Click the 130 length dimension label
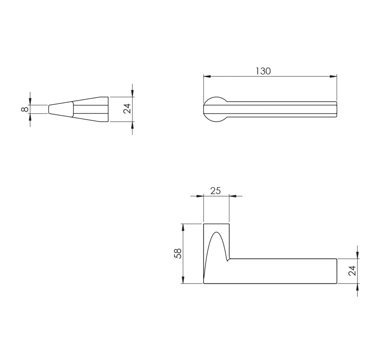coord(263,71)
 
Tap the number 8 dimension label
coord(25,109)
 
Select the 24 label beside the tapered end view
coord(127,109)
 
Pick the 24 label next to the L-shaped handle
coord(352,271)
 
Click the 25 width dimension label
coord(215,191)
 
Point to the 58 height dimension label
coord(178,253)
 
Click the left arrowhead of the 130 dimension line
coord(207,77)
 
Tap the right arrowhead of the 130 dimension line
coord(333,77)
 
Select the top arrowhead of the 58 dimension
coord(183,227)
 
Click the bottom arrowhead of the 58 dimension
coord(183,280)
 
